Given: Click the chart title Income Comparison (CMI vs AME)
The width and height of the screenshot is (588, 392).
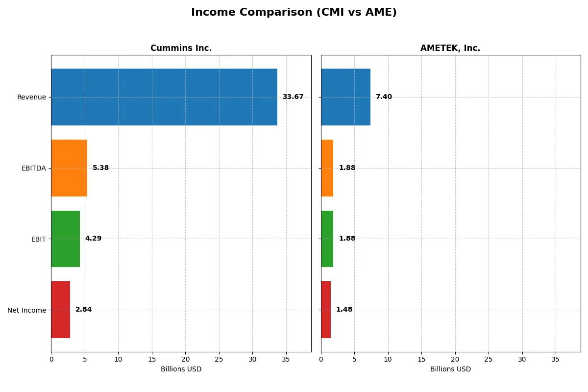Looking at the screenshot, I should [x=294, y=12].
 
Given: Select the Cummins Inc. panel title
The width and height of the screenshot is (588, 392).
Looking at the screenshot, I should [x=181, y=48].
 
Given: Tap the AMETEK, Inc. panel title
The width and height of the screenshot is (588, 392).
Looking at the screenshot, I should [x=450, y=48].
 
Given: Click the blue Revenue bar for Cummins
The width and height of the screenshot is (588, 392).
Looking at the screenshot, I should [x=164, y=97].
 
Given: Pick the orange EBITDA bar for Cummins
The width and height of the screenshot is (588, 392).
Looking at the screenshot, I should [x=69, y=168].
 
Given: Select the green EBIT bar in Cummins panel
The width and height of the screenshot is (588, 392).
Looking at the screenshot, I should [x=65, y=239].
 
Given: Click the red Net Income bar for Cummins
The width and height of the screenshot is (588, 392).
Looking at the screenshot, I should [x=60, y=310].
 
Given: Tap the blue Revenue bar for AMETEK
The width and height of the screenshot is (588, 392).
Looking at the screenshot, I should [x=345, y=97].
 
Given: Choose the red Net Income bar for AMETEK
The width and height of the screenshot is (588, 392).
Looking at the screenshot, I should [x=326, y=310].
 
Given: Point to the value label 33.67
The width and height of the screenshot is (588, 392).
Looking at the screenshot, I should [x=293, y=97].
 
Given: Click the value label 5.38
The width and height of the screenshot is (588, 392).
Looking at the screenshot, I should [x=100, y=168].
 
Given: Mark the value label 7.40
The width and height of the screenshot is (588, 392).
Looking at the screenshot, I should [x=384, y=97].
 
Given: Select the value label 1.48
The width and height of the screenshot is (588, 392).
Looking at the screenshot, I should [x=344, y=310].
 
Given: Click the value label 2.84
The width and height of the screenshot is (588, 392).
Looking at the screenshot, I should [x=83, y=310].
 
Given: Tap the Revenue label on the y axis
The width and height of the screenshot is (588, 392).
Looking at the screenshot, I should [x=31, y=97].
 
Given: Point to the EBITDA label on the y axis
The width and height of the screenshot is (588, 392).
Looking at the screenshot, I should [x=33, y=168].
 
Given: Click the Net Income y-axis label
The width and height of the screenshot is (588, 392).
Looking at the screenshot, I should [x=26, y=310].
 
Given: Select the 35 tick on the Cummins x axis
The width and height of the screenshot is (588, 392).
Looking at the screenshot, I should [x=286, y=359].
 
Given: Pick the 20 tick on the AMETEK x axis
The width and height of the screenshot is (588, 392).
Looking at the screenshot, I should [x=455, y=359].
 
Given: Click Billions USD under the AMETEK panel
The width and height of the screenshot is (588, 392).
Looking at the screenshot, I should [x=450, y=369].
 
